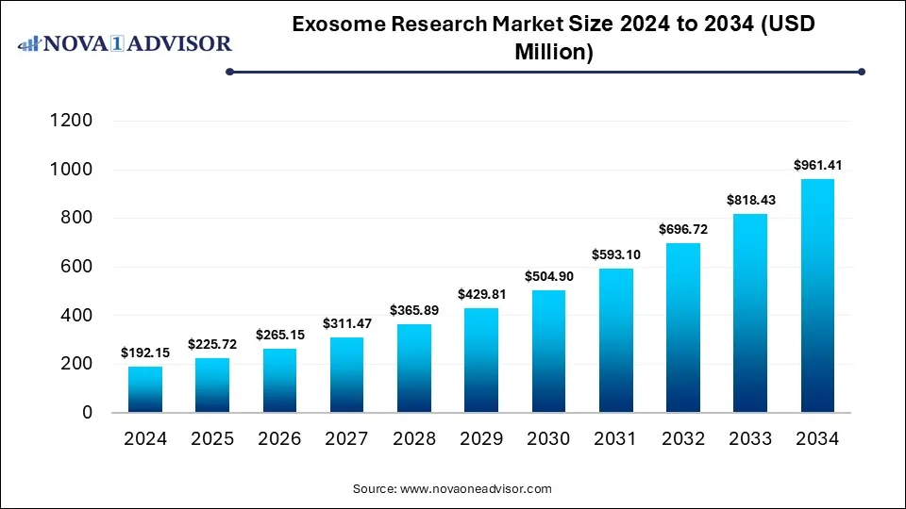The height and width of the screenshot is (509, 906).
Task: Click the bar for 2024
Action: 145,389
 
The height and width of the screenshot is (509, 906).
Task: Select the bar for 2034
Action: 816,296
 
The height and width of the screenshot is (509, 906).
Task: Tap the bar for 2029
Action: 480,360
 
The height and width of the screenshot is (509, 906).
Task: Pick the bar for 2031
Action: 615,340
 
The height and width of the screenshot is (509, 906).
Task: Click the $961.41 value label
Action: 816,166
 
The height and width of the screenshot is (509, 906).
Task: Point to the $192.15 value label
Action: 145,353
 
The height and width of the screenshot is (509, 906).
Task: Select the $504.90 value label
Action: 548,276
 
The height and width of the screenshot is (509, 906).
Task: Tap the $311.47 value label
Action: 346,323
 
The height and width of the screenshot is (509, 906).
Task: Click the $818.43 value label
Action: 749,200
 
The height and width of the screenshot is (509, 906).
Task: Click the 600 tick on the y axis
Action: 77,267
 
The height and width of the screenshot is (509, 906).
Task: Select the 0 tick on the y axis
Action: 87,413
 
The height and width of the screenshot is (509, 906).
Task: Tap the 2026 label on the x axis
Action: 279,439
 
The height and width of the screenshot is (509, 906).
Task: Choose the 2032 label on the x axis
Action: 682,439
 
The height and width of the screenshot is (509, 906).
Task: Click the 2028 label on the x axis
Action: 413,439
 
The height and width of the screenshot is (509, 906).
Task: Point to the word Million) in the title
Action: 554,52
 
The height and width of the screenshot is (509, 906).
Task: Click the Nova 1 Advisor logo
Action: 125,43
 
